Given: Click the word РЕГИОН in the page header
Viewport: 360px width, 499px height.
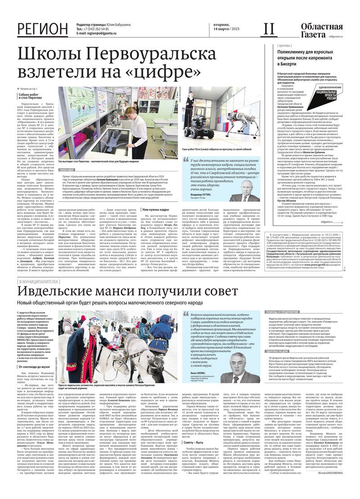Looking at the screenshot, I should coord(43,29).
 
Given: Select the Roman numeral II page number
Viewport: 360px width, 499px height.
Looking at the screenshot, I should coord(269,28).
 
